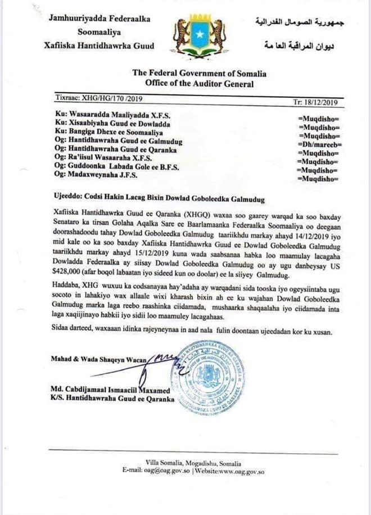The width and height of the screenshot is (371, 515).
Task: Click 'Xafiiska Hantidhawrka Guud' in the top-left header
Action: point(97,45)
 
